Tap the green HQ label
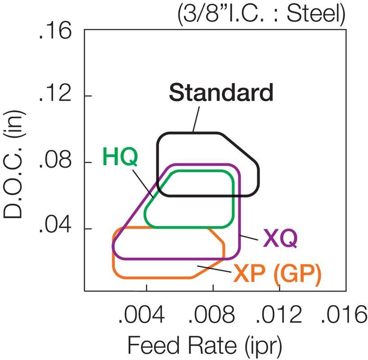(x=120, y=157)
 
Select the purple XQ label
(x=281, y=238)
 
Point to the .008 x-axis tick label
(x=213, y=316)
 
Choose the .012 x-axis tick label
(x=279, y=316)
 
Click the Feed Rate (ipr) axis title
(x=205, y=346)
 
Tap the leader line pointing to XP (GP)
(x=214, y=270)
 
